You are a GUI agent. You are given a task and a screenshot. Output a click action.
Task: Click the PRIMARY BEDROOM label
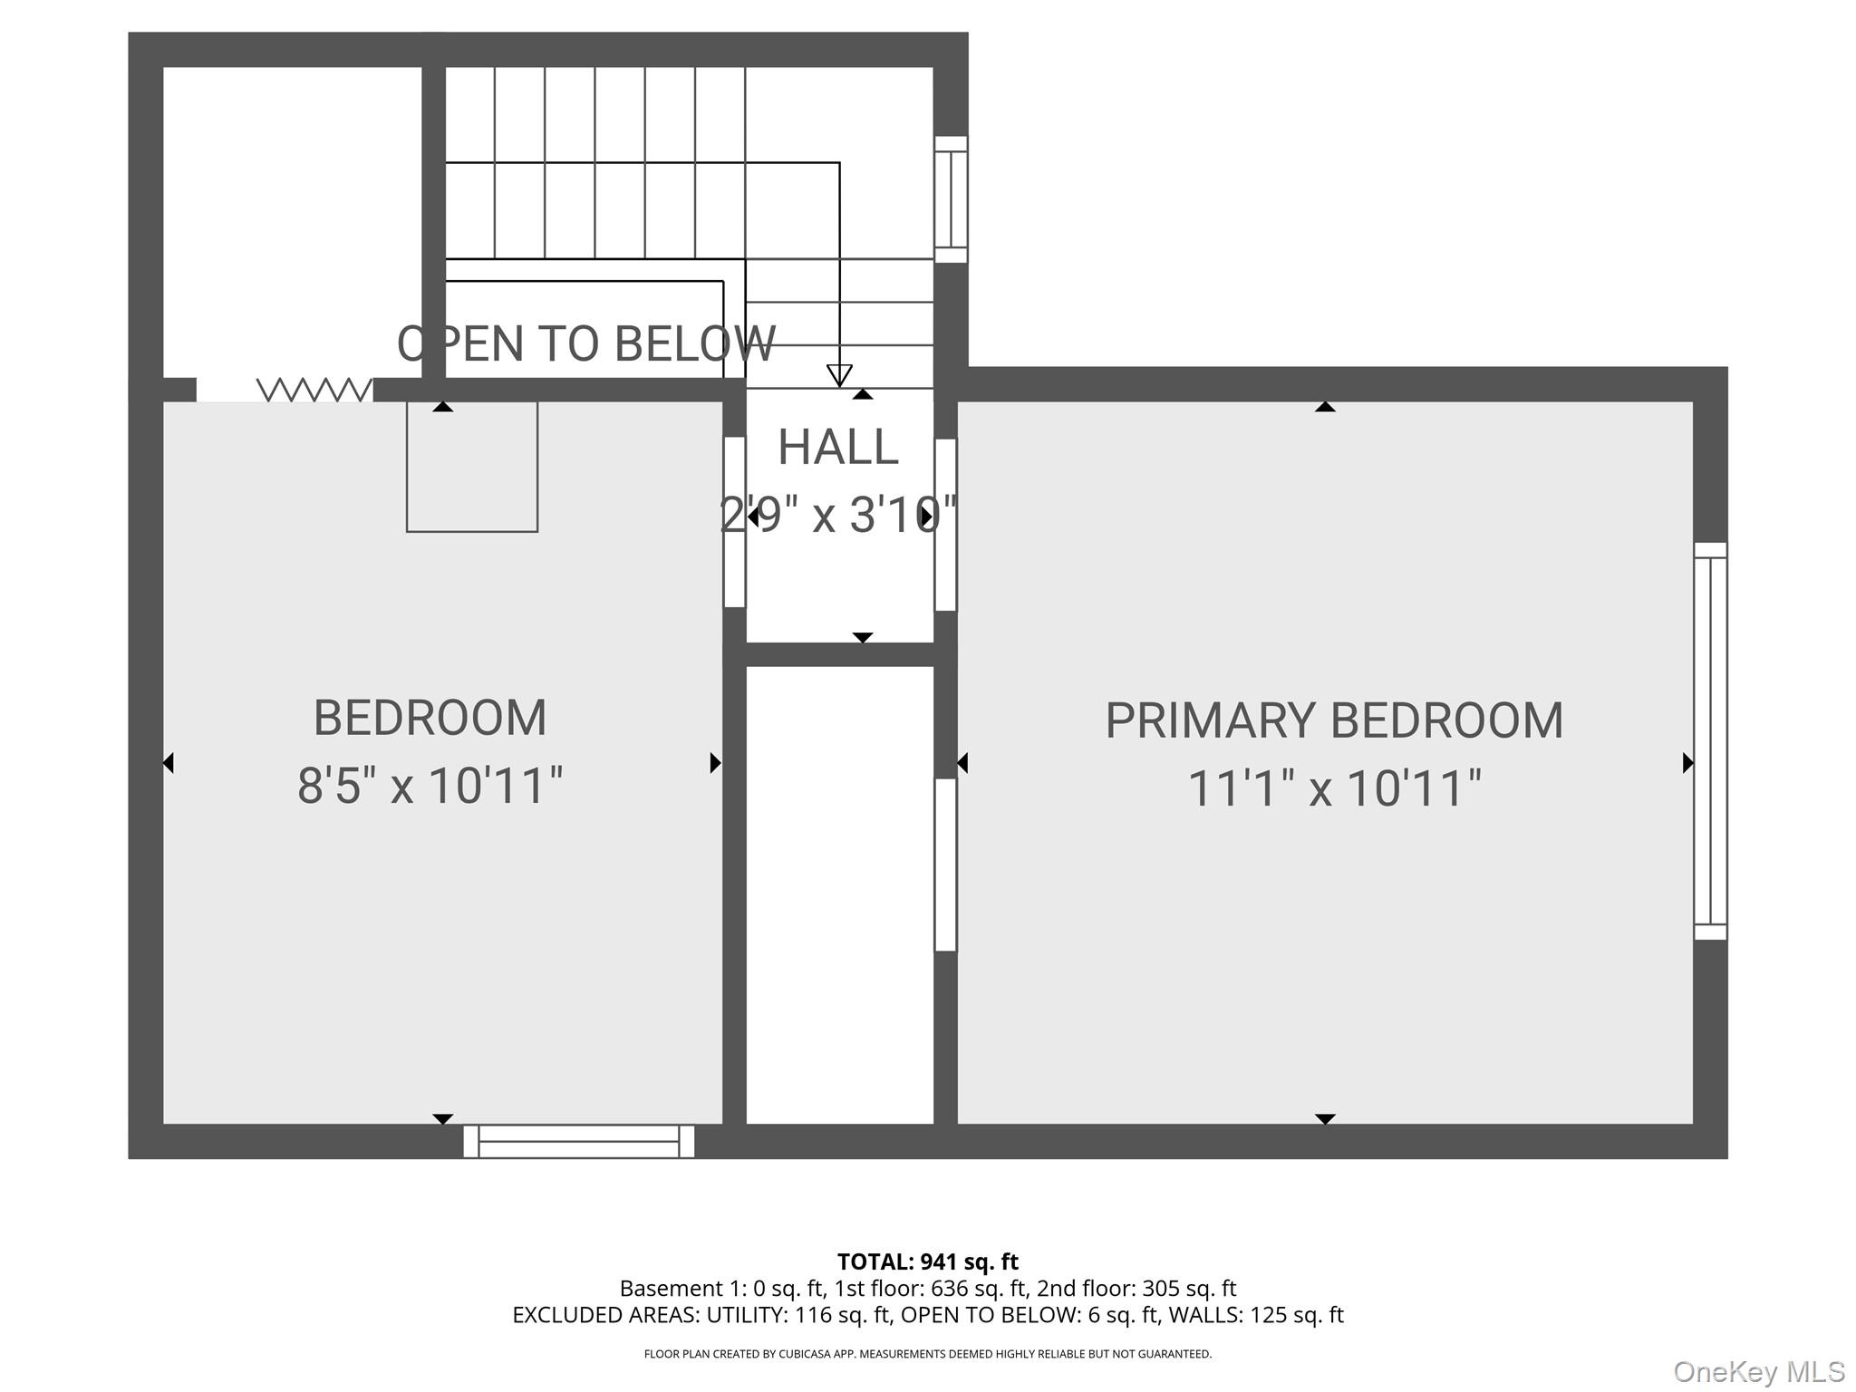click(1333, 721)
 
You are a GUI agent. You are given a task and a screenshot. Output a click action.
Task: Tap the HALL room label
click(837, 447)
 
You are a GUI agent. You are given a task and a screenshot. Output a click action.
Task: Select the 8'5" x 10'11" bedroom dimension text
click(430, 785)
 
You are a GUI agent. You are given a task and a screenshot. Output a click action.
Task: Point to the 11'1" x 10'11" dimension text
click(1333, 788)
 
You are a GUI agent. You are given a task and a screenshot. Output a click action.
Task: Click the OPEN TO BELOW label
click(585, 343)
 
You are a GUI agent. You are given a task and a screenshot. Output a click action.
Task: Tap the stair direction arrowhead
click(839, 374)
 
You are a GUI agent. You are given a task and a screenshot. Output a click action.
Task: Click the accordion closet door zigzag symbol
click(314, 390)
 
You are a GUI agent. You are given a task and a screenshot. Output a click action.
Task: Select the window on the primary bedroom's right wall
click(1710, 740)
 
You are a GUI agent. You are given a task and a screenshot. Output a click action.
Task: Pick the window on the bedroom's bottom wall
click(578, 1141)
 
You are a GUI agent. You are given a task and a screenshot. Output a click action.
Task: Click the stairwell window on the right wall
click(951, 199)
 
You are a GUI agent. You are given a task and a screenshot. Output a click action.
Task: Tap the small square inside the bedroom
click(471, 467)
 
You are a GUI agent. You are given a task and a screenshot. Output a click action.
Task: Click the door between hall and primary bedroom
click(945, 524)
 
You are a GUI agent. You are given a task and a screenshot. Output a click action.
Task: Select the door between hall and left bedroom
click(734, 522)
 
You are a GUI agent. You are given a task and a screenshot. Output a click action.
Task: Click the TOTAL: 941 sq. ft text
click(927, 1261)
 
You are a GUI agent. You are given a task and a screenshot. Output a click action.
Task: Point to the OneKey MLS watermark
click(1758, 1371)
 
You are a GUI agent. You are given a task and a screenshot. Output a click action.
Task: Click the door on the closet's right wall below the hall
click(945, 865)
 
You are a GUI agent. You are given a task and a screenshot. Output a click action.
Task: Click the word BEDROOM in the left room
click(430, 718)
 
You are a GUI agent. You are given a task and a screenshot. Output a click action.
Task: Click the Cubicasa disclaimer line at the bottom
click(927, 1354)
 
